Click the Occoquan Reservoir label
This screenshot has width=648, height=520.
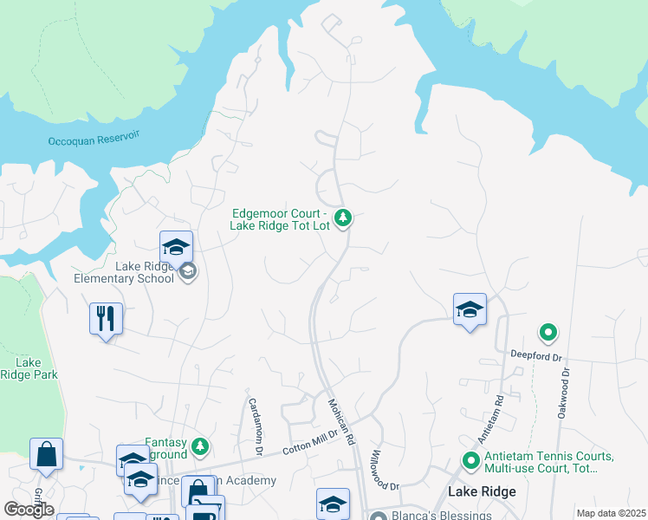coord(94,139)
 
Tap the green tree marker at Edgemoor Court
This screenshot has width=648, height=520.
coord(344,217)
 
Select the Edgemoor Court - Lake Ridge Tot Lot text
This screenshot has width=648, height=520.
coord(278,220)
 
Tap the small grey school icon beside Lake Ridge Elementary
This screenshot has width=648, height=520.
coord(188,272)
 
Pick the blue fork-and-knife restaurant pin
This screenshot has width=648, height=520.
coord(106,318)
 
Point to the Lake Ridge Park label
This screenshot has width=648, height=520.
coord(29,368)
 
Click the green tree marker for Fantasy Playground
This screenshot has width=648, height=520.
coord(200,446)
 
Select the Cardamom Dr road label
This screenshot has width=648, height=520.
coord(255,426)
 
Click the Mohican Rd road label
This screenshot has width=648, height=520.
coord(341,422)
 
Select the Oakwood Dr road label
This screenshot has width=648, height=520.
coord(565,392)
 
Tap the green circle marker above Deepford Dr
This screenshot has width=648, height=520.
coord(548,332)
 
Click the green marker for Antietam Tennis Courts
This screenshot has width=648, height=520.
coord(471,460)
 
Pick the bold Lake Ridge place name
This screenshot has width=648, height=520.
coord(482,491)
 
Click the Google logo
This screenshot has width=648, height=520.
coord(29,510)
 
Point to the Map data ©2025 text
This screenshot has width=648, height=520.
coord(611,513)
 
